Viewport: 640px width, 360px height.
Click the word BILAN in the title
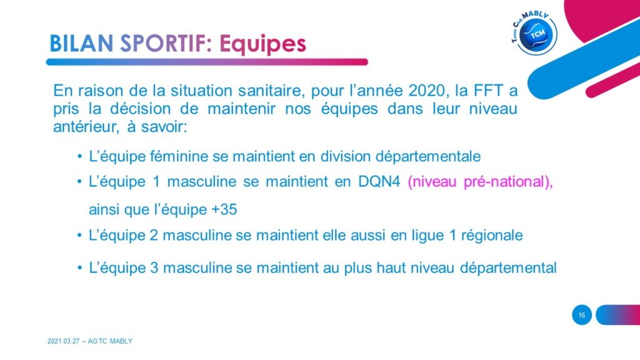pyautogui.click(x=81, y=43)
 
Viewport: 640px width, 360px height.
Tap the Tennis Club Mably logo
pyautogui.click(x=534, y=32)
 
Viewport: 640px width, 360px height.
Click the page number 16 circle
pyautogui.click(x=582, y=315)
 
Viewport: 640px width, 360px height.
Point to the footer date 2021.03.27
pyautogui.click(x=63, y=341)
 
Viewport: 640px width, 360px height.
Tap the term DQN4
pyautogui.click(x=379, y=182)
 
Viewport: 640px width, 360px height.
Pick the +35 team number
pyautogui.click(x=224, y=209)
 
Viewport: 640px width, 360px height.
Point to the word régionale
pyautogui.click(x=492, y=236)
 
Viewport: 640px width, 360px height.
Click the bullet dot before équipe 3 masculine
pyautogui.click(x=80, y=269)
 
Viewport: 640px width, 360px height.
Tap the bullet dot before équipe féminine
pyautogui.click(x=80, y=157)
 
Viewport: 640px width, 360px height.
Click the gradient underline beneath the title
pyautogui.click(x=207, y=62)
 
